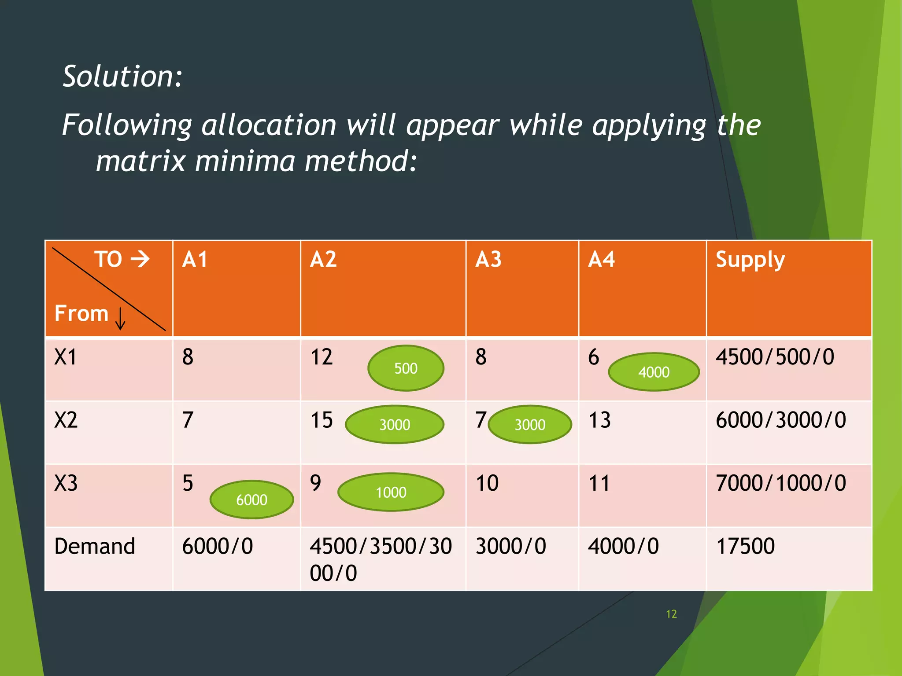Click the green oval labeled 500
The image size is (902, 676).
coord(406,368)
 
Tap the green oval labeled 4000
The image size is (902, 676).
coord(654,372)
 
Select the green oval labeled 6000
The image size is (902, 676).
coord(251,500)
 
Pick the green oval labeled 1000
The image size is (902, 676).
coord(391,492)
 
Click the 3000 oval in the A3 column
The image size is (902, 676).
coord(530,424)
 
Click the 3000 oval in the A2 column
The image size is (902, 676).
coord(395,424)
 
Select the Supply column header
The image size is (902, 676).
coord(750,260)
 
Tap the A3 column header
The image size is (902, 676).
coord(488,260)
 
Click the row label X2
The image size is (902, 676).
coord(66,420)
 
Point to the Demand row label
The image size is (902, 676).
coord(95,546)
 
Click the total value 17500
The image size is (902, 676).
coord(745,546)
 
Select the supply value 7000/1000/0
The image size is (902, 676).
coord(780,483)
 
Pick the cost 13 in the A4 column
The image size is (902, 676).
coord(599,420)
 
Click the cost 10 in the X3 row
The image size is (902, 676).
coord(487,483)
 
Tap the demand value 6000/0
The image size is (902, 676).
coord(218,546)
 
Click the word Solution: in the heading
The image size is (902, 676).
coord(122,77)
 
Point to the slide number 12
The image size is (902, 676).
coord(671,614)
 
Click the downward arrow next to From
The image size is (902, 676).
coord(120,319)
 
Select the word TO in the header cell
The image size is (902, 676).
coord(108,259)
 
